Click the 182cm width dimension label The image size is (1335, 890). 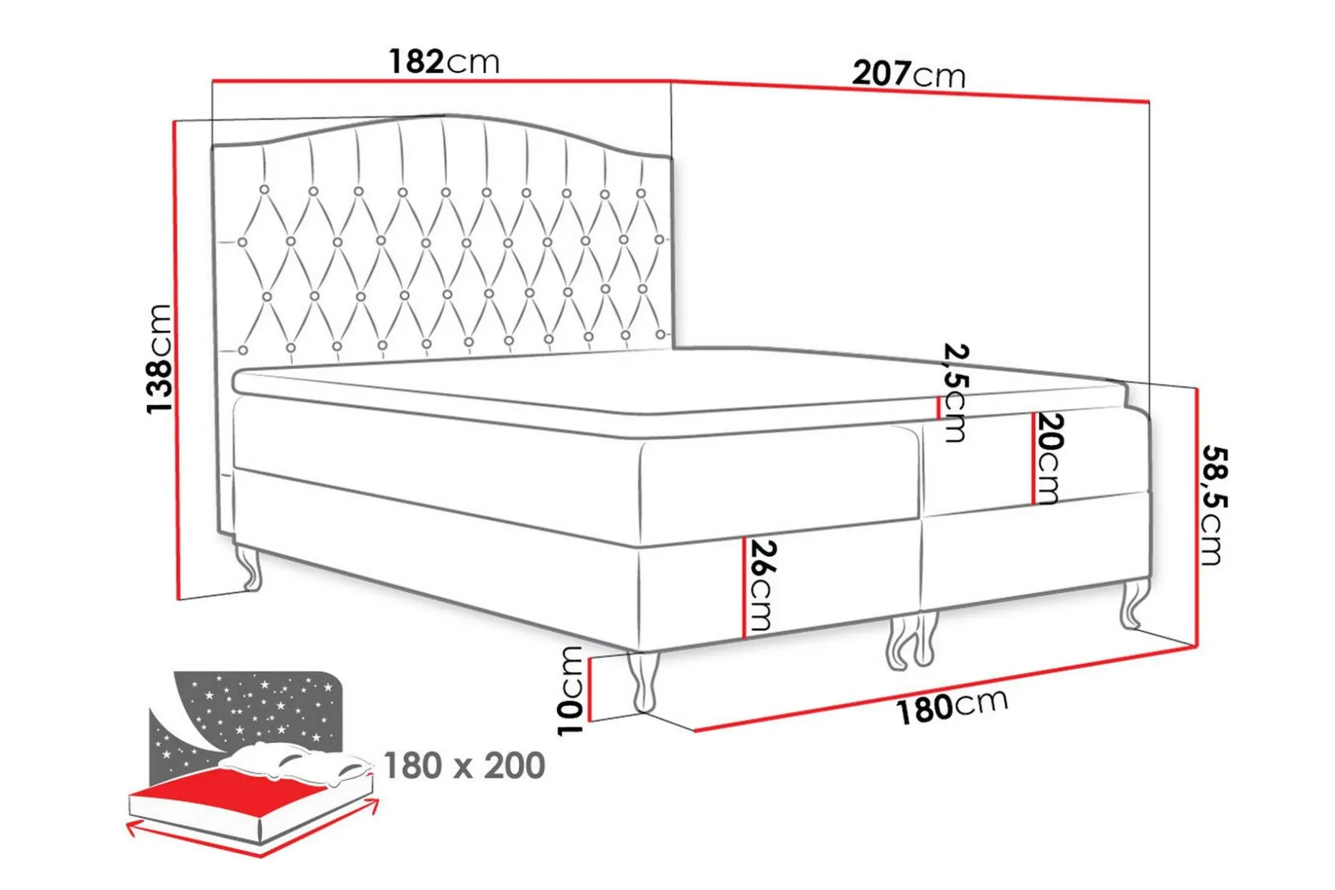(x=444, y=62)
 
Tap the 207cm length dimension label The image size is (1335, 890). (x=909, y=74)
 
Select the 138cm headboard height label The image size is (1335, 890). (x=159, y=359)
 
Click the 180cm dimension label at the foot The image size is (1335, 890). (x=952, y=706)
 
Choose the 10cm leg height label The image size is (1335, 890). (x=571, y=690)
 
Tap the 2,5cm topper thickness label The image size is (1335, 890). (x=955, y=393)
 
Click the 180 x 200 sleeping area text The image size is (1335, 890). (x=464, y=766)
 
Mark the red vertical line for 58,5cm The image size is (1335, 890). (x=1196, y=517)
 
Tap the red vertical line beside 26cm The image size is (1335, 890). (x=744, y=586)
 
